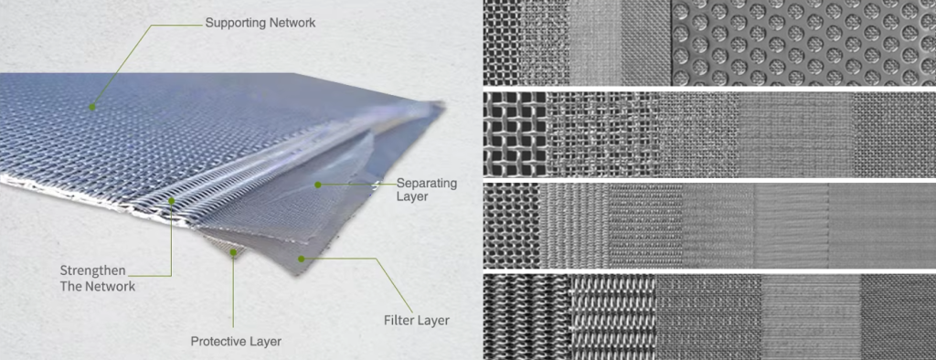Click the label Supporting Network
coord(261,23)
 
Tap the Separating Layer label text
coord(427,189)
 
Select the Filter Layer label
coord(416,321)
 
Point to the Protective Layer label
coord(236,342)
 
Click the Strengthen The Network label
coord(98,278)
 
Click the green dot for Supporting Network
coord(92,108)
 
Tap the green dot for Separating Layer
coord(318,185)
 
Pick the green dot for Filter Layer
coord(302,259)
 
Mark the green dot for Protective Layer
coord(233,252)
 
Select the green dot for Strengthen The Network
coord(171,201)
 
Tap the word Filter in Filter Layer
coord(397,321)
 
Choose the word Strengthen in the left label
coord(93,270)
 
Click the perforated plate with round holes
coord(803,42)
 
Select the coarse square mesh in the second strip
coord(515,134)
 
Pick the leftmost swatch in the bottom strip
coord(527,317)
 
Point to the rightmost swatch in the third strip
coord(882,226)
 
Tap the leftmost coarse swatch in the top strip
coord(501,42)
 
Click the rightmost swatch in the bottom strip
coord(898,317)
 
